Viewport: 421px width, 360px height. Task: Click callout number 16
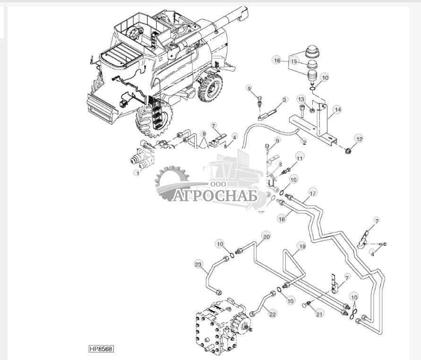click(x=277, y=61)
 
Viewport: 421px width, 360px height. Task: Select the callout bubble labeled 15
click(x=294, y=61)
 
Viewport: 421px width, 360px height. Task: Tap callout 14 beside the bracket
click(x=337, y=110)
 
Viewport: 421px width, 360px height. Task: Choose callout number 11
click(x=299, y=157)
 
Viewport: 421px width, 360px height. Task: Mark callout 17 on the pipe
click(x=312, y=193)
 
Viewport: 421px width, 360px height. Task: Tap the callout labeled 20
click(x=266, y=236)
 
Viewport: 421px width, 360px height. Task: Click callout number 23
click(x=198, y=264)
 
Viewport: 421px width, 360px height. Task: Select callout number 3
click(x=284, y=100)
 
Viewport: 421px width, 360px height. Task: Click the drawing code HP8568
click(x=102, y=349)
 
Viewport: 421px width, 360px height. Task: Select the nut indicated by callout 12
click(x=348, y=150)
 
